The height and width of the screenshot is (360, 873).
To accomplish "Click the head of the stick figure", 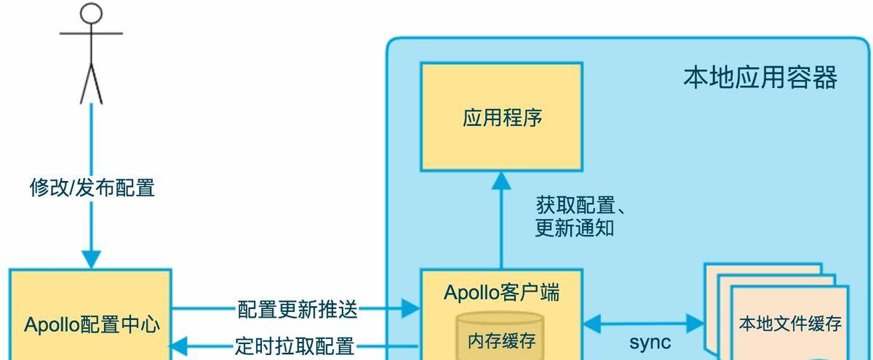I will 90,14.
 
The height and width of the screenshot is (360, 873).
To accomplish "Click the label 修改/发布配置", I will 92,188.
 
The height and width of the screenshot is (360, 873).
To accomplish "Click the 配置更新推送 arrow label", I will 298,309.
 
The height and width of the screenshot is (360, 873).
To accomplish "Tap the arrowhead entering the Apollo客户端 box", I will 411,309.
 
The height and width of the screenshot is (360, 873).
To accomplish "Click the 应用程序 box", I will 502,117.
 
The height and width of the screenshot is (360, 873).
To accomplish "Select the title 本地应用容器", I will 760,77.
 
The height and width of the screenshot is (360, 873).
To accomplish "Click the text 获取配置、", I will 581,205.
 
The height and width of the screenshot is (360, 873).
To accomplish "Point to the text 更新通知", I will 575,228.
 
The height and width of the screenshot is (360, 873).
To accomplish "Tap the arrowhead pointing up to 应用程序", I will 501,181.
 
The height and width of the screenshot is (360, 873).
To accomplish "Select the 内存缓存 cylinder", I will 500,337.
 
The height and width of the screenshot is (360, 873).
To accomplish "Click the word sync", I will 650,343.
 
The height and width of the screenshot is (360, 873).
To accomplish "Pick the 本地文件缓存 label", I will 790,323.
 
